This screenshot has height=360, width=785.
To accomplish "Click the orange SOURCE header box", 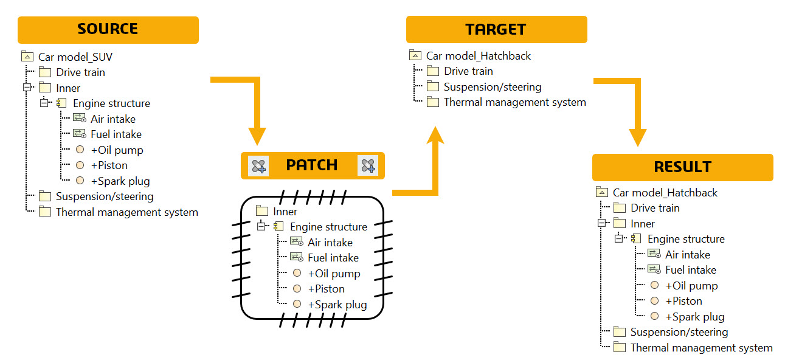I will pyautogui.click(x=108, y=30).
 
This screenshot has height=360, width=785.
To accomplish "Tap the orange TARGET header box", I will pyautogui.click(x=496, y=30).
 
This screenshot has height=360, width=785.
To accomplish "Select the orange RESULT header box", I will pyautogui.click(x=682, y=167).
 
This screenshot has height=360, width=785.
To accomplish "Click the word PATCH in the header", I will pyautogui.click(x=312, y=165).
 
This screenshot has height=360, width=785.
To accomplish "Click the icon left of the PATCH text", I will pyautogui.click(x=259, y=165).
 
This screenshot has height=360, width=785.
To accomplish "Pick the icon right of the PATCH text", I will pyautogui.click(x=367, y=165).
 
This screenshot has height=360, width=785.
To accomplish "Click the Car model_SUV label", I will pyautogui.click(x=75, y=57).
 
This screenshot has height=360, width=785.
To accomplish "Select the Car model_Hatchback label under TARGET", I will pyautogui.click(x=479, y=56).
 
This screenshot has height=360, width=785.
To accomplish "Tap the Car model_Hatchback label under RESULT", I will pyautogui.click(x=665, y=193).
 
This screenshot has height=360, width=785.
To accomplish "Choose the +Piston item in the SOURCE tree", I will pyautogui.click(x=109, y=165).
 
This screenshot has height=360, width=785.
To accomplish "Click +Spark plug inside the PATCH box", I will pyautogui.click(x=337, y=305).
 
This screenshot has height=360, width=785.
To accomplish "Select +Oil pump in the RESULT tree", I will pyautogui.click(x=691, y=286).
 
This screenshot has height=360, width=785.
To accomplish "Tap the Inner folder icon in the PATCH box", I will pyautogui.click(x=262, y=212).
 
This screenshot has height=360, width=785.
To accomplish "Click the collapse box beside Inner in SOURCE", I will pyautogui.click(x=27, y=88).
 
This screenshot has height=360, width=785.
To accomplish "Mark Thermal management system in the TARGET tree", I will pyautogui.click(x=514, y=102).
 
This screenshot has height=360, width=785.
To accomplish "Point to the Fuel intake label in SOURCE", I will pyautogui.click(x=116, y=134).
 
